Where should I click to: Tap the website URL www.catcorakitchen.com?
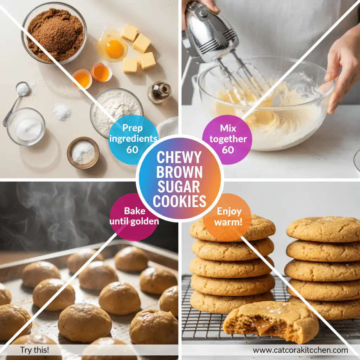pyautogui.click(x=300, y=350)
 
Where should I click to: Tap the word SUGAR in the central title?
pyautogui.click(x=179, y=187)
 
